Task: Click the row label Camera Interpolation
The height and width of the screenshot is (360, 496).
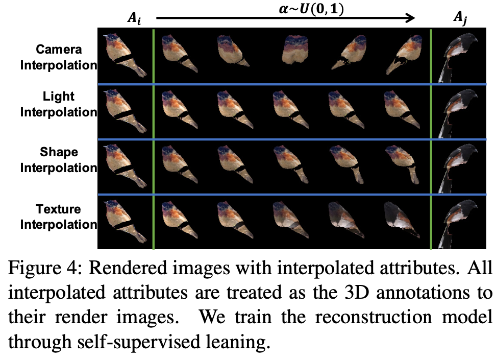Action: [59, 57]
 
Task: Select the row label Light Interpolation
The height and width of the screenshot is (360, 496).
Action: [59, 104]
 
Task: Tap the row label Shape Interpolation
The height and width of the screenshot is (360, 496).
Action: [59, 160]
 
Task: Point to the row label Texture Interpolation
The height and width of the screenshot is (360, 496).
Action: [59, 217]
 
